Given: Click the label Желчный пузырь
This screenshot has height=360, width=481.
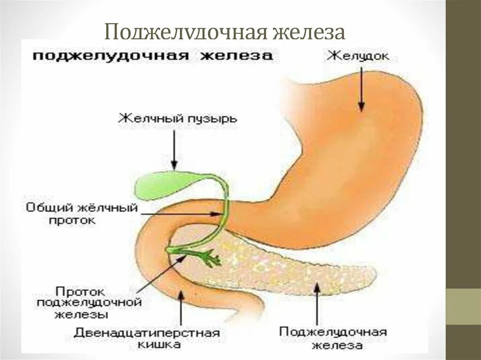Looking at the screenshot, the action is [178, 118].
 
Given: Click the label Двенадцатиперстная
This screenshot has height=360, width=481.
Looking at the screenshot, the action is [147, 333].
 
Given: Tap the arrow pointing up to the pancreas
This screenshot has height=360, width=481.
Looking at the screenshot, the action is [317, 305].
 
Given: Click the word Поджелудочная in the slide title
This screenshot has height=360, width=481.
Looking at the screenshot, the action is [184, 33].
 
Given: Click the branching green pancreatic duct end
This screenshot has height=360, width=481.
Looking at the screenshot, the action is [211, 257].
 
